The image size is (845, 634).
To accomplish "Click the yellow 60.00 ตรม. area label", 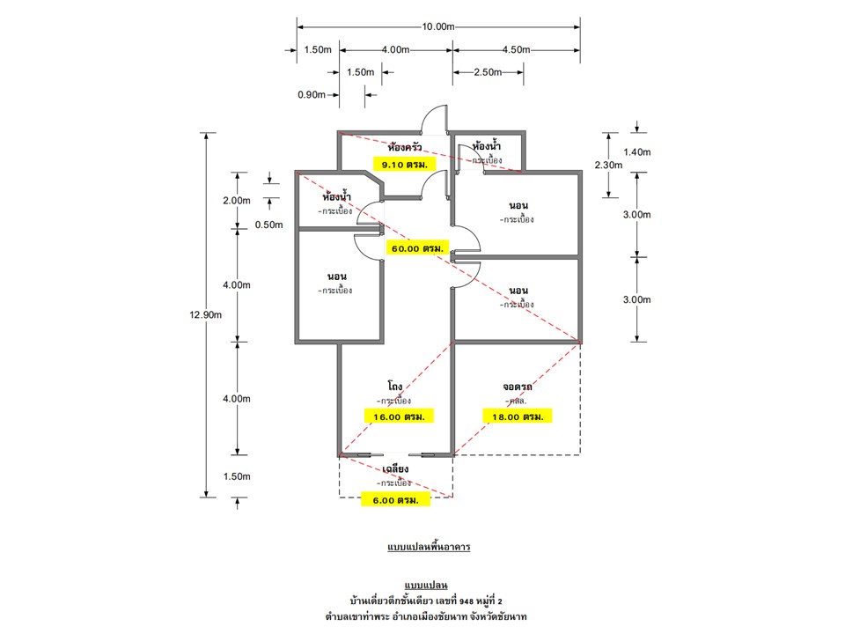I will tap(418, 249).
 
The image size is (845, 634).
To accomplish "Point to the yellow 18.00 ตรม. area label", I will tap(517, 415).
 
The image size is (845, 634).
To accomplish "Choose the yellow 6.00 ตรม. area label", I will tap(395, 500).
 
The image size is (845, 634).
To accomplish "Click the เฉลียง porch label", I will tap(395, 470).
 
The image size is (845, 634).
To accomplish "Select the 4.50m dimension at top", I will tap(516, 50).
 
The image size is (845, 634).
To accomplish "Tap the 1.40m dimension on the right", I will tap(636, 152).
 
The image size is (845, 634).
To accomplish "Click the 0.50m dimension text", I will tap(269, 225).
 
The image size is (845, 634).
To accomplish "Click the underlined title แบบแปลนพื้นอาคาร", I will tap(429, 548).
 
